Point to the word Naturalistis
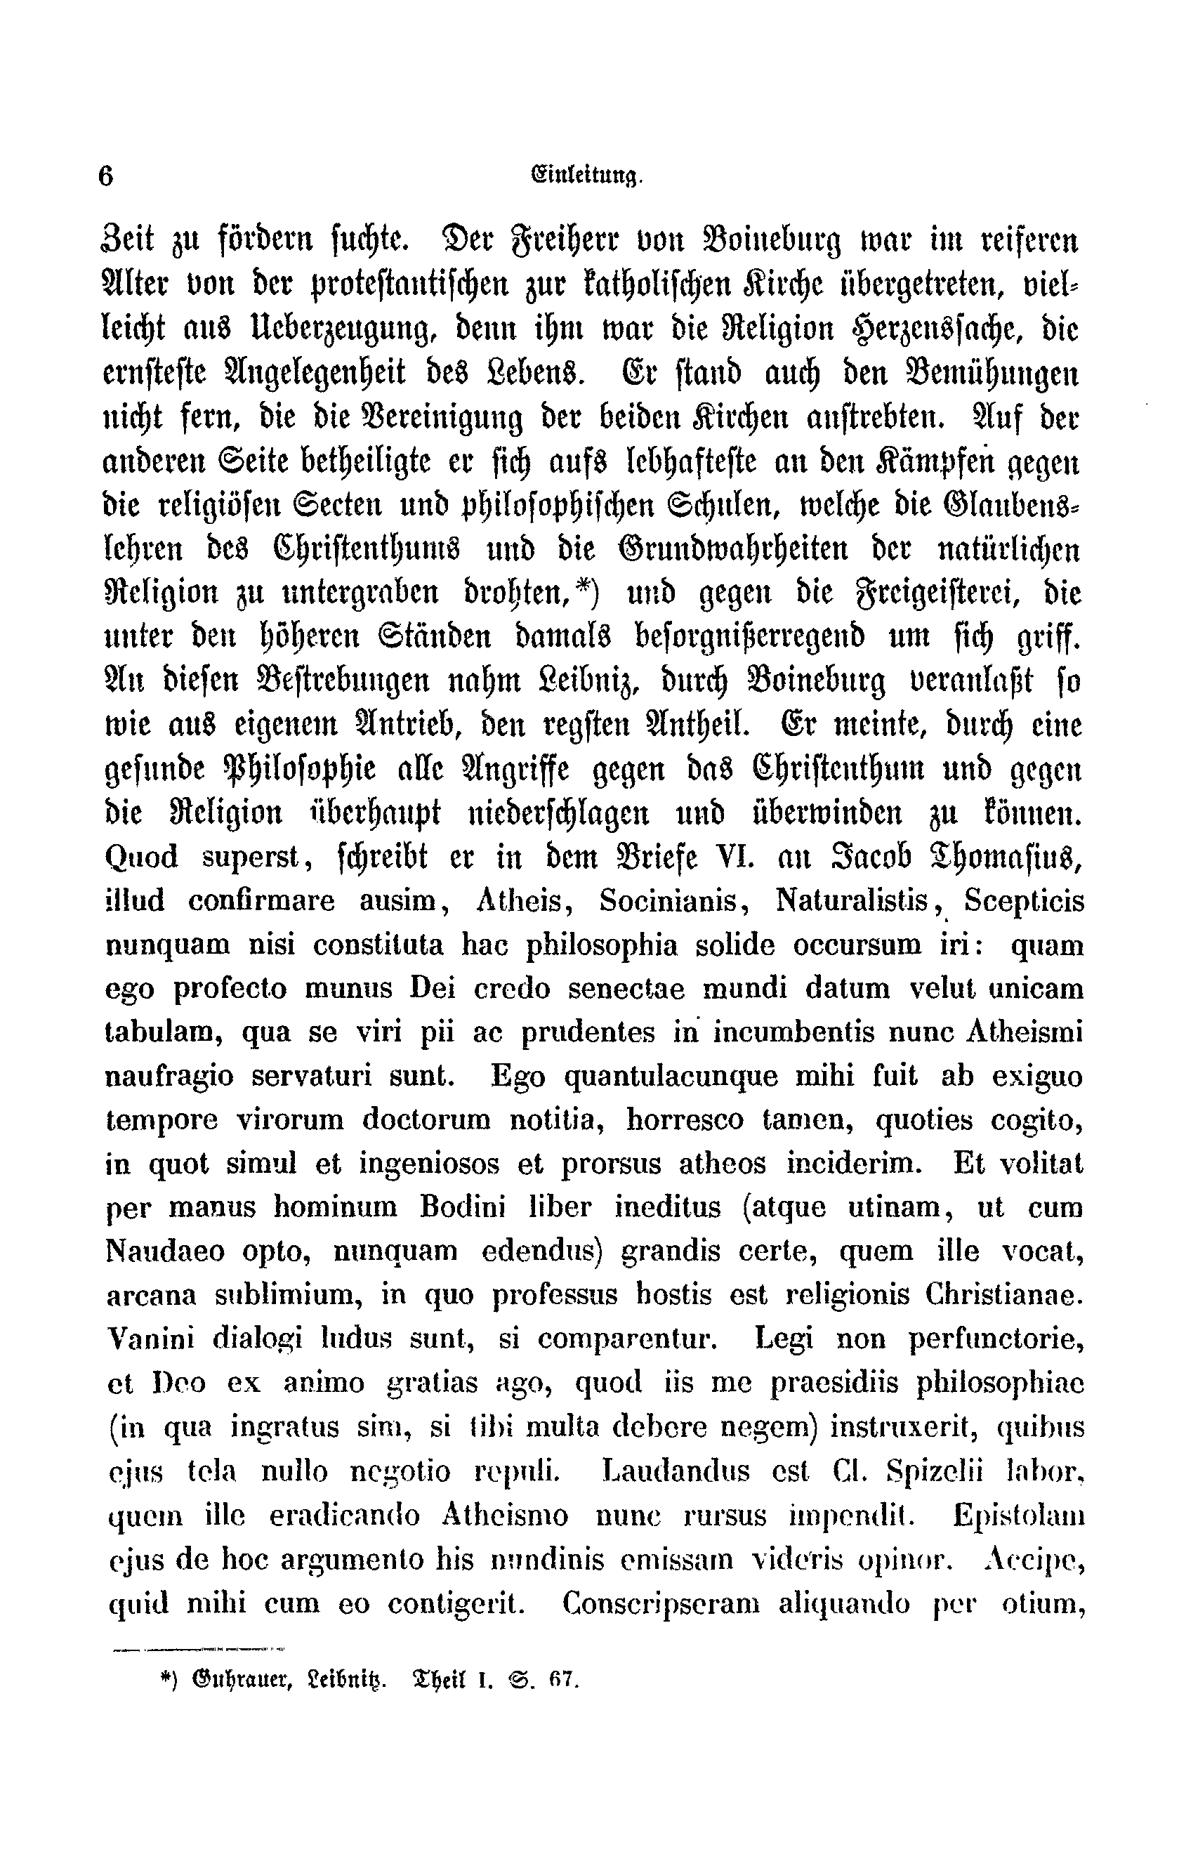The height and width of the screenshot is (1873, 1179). click(853, 901)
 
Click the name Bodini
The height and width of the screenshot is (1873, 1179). click(463, 1208)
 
